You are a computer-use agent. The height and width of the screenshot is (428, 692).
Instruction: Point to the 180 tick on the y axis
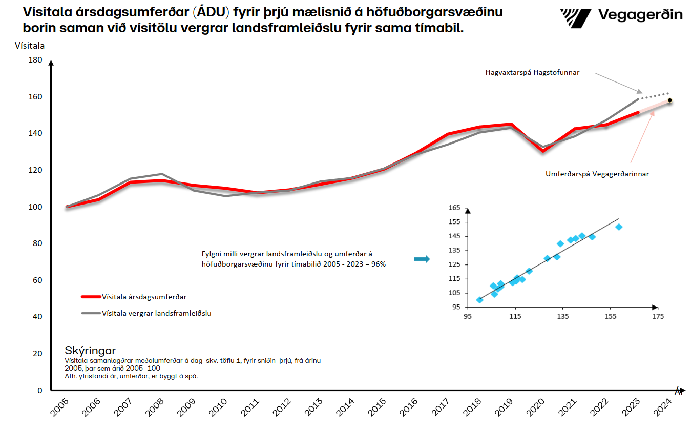[x=35, y=60]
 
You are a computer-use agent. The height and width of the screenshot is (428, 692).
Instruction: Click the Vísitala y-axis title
[x=30, y=46]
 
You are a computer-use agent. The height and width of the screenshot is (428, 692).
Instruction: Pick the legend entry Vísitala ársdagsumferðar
[x=143, y=296]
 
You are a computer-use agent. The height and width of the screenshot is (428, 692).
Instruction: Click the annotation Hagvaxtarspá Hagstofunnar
[x=532, y=73]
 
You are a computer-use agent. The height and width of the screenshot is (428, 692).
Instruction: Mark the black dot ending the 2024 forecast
[x=669, y=100]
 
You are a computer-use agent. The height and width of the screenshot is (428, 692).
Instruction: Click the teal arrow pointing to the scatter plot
[x=421, y=259]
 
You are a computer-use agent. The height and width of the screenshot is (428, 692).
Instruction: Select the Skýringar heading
[x=90, y=351]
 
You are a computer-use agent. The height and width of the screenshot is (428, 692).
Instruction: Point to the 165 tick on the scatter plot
[x=454, y=208]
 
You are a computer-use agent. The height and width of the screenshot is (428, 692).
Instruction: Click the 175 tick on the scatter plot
[x=658, y=317]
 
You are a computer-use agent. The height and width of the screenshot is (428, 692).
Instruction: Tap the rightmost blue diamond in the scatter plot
[x=619, y=227]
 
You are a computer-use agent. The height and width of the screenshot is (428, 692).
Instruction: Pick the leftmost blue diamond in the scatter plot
[x=479, y=300]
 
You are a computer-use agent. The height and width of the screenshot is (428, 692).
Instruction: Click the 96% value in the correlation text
[x=379, y=264]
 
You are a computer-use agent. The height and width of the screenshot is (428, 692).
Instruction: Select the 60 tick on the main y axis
[x=37, y=280]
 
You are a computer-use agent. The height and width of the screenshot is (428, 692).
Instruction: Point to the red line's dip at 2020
[x=542, y=151]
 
